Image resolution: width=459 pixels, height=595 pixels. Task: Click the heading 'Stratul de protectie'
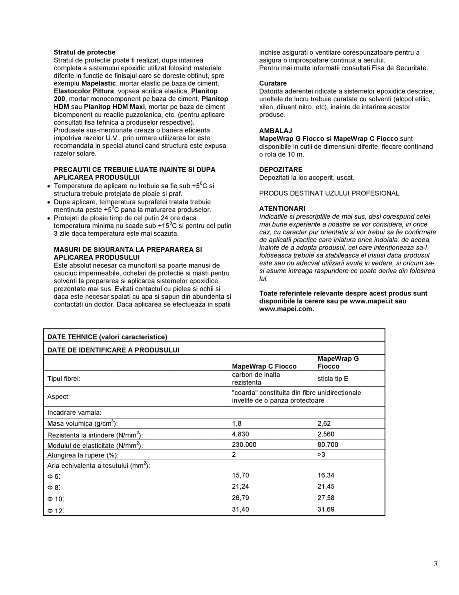[84, 52]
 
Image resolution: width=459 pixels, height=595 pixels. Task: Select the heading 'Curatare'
[273, 83]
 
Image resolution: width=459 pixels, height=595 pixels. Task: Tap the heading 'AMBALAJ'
[275, 131]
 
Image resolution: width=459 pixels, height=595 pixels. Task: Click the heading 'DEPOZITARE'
[281, 170]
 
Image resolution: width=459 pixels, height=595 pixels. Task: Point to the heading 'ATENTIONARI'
[282, 208]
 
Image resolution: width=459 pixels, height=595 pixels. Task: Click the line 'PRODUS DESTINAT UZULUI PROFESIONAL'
[329, 193]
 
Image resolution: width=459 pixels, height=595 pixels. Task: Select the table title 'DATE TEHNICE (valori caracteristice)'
[107, 337]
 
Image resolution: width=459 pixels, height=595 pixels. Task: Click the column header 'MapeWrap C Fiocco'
[264, 366]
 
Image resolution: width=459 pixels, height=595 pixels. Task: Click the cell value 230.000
[244, 444]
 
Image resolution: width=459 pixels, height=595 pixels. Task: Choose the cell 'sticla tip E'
[333, 379]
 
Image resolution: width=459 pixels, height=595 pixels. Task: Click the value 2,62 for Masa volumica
[324, 424]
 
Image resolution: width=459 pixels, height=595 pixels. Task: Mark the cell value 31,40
[240, 509]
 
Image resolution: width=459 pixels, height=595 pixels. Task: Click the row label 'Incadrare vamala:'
[74, 413]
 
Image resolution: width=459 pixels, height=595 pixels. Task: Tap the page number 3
[435, 564]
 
